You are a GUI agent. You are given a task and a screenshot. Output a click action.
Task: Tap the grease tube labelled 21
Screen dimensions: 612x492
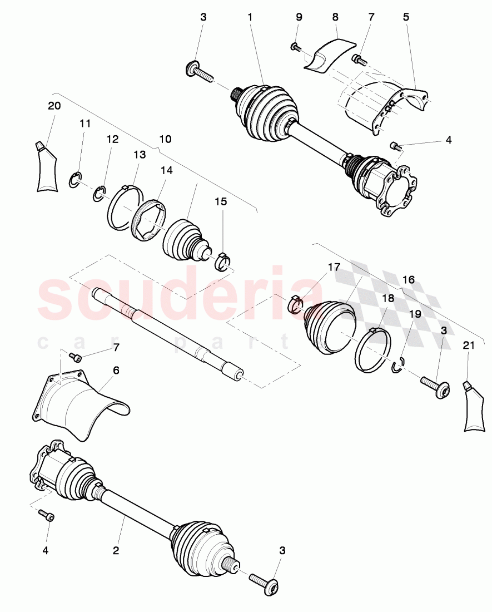471,406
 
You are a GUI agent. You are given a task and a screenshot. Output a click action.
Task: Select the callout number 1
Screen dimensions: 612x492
250,17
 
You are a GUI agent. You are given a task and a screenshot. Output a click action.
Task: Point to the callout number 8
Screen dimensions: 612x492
335,17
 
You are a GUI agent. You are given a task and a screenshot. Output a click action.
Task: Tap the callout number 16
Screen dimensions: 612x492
409,279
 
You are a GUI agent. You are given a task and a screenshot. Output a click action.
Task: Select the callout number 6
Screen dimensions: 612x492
116,370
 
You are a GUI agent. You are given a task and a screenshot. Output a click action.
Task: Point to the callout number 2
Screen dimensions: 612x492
116,551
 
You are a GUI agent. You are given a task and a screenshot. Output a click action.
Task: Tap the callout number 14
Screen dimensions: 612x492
167,171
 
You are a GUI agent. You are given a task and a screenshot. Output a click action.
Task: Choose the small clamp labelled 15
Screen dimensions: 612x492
222,259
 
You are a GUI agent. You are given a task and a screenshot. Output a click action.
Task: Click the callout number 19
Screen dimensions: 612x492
415,314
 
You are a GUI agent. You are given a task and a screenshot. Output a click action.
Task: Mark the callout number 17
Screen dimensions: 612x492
334,268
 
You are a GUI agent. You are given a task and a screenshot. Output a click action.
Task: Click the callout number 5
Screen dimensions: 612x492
406,17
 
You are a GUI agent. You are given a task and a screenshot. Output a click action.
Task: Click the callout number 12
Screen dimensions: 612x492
113,139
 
